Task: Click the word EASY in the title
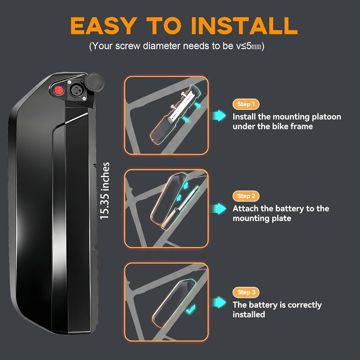click(102, 26)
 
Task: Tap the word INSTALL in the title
click(244, 26)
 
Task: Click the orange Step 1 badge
click(246, 104)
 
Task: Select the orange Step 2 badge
click(246, 196)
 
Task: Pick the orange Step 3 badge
click(246, 292)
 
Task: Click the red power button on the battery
click(59, 90)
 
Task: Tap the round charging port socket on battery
click(75, 90)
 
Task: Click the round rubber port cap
click(94, 82)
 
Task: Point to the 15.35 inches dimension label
click(104, 191)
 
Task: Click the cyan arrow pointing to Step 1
click(219, 115)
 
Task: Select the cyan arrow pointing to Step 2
click(219, 208)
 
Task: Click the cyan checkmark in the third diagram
click(191, 309)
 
